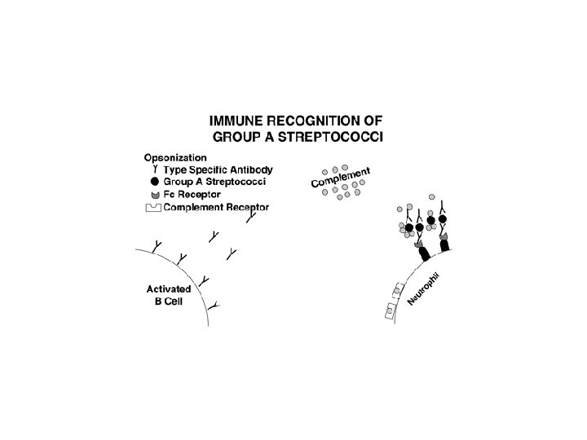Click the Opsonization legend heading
click(x=175, y=157)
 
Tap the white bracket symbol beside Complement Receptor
click(x=153, y=208)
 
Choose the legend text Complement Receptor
click(x=216, y=208)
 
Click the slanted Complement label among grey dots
click(x=341, y=178)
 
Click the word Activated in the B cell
click(x=168, y=288)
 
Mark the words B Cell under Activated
click(x=169, y=301)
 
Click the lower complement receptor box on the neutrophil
click(x=390, y=309)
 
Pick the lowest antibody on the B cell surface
click(x=213, y=306)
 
